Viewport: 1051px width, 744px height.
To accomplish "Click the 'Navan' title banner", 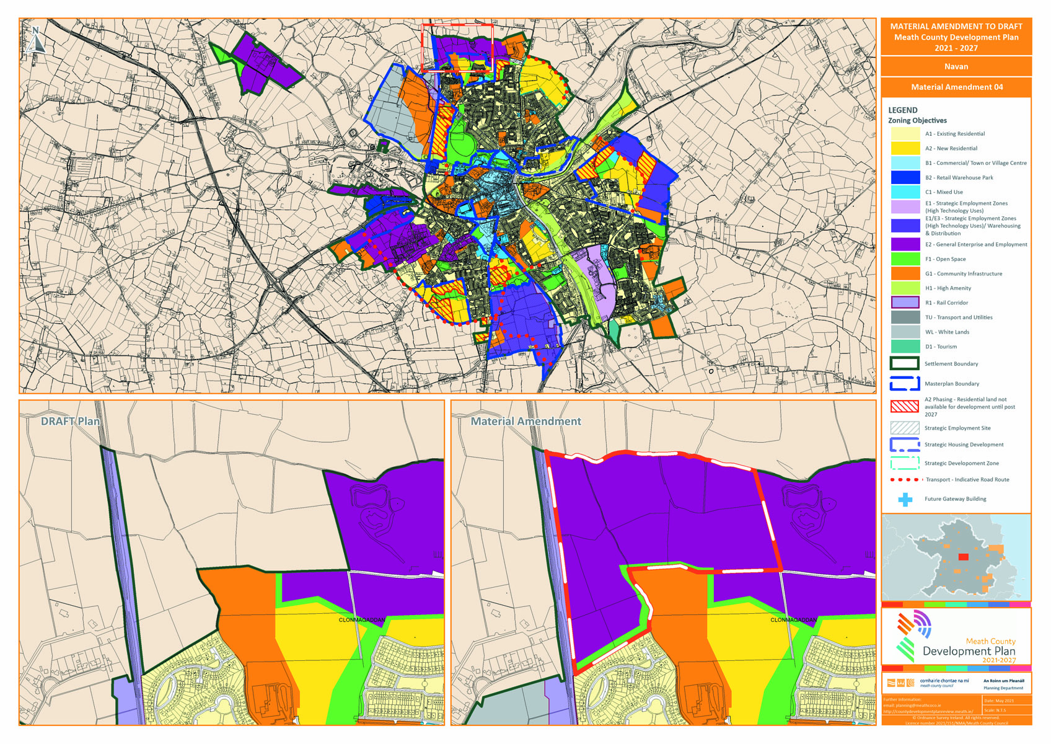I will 956,66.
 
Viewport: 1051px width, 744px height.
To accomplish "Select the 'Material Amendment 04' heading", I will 956,87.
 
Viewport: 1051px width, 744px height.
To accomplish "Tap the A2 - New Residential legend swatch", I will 905,148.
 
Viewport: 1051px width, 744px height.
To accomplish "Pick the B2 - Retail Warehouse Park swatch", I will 905,177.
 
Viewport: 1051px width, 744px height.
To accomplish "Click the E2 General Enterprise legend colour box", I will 905,244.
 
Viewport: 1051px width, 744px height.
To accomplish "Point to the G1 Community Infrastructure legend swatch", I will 905,273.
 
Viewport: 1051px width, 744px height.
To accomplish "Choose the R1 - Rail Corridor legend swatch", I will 905,303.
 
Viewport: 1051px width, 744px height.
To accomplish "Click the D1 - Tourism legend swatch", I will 905,347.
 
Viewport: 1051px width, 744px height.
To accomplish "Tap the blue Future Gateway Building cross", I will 905,499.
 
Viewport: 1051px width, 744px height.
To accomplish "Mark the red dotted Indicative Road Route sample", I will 905,480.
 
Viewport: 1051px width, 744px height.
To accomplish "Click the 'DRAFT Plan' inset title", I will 70,422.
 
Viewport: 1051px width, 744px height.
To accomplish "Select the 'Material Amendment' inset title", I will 525,422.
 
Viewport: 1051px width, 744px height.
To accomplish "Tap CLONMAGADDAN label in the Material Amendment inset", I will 793,620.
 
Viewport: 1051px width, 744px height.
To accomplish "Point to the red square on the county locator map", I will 963,557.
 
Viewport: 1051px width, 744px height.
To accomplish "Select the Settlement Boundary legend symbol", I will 905,364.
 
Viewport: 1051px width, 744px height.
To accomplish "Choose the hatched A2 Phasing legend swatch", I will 905,407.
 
